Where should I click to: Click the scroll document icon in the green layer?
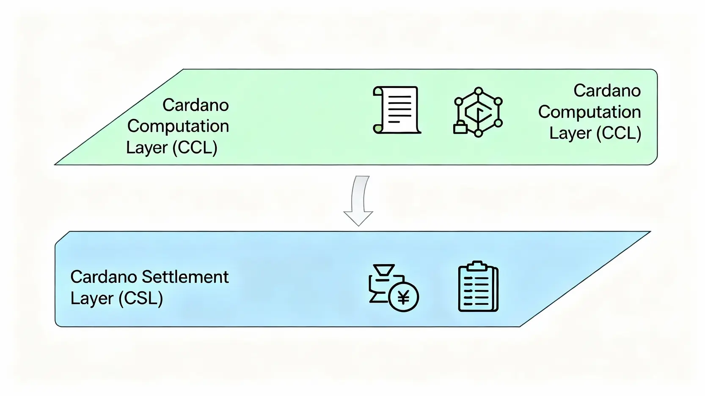click(397, 110)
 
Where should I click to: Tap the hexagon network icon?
click(478, 112)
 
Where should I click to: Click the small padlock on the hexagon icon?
click(460, 127)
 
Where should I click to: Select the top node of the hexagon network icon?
click(479, 91)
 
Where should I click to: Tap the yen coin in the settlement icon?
click(403, 297)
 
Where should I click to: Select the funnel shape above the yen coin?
click(384, 270)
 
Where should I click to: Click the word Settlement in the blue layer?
click(185, 277)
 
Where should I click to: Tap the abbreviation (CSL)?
click(140, 298)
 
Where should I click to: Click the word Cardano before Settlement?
click(103, 277)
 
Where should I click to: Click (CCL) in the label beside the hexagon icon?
click(619, 134)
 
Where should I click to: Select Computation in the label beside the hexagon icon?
click(589, 112)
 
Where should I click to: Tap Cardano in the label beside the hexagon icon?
click(607, 91)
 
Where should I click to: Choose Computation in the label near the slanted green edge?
click(178, 126)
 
